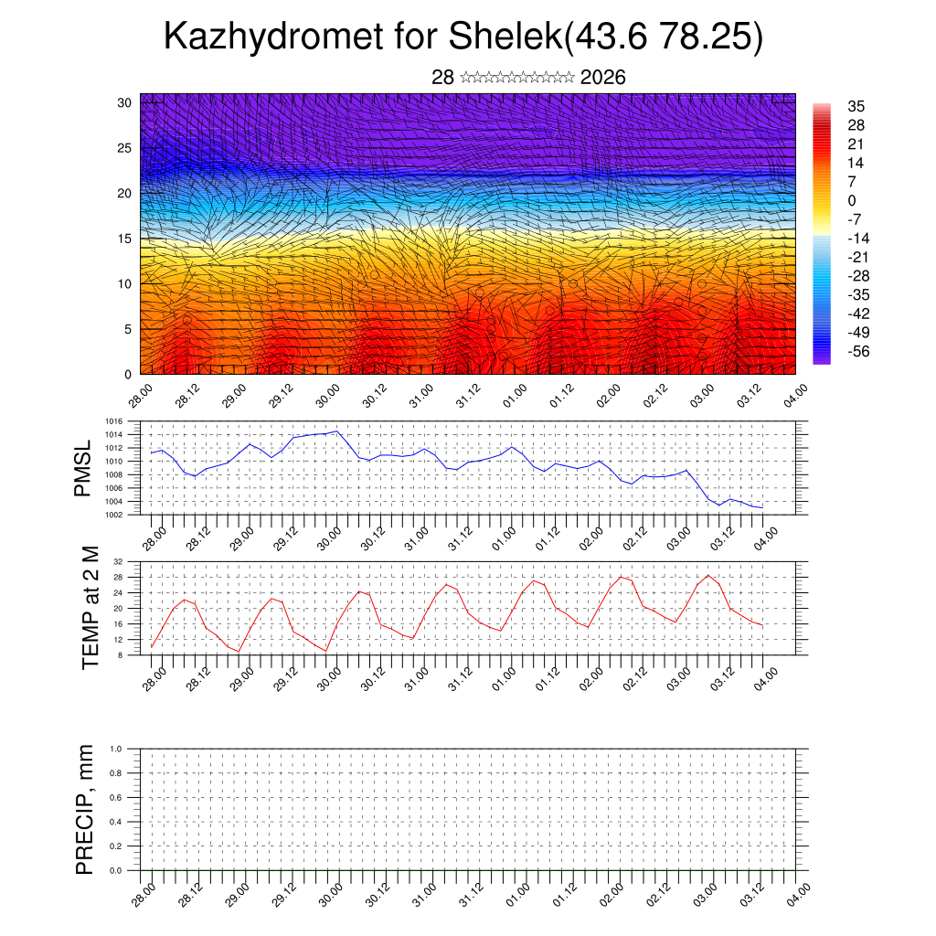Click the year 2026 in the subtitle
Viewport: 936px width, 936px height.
603,78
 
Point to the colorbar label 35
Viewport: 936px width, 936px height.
856,107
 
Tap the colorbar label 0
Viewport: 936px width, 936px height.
853,200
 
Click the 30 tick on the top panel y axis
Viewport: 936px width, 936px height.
125,102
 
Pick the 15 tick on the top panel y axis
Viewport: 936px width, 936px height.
125,239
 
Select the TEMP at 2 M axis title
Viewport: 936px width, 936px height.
90,607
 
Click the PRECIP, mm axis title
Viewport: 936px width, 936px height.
85,809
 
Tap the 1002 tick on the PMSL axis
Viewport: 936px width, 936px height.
113,515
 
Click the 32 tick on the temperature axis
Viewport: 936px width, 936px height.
118,561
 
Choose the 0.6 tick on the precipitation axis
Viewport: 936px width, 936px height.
115,798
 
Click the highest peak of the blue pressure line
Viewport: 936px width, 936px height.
336,431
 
